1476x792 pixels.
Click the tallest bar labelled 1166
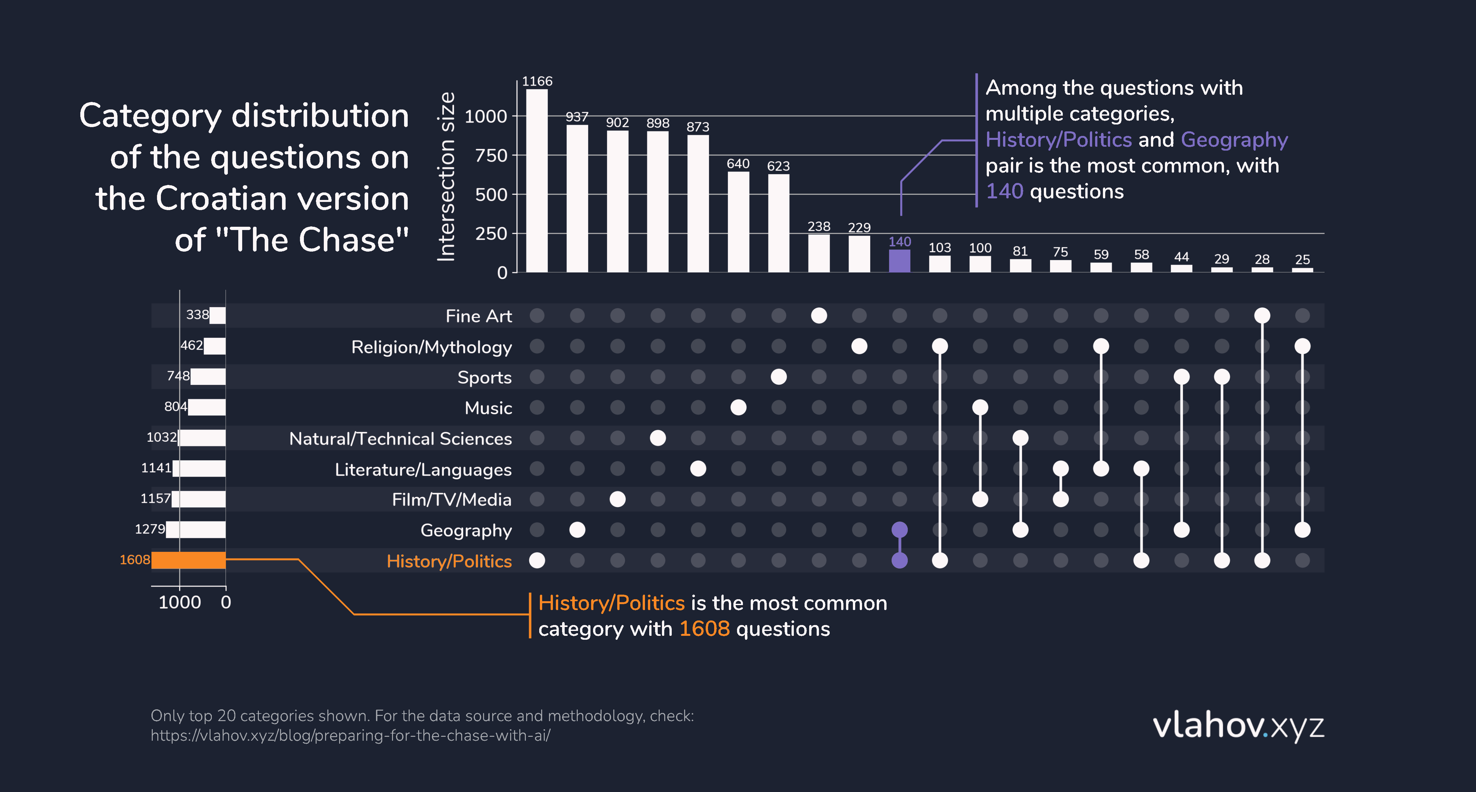537,181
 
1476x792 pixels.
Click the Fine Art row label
479,316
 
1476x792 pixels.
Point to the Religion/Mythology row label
432,347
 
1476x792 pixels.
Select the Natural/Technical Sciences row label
400,439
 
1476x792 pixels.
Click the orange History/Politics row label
449,561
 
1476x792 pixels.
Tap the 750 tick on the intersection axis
491,156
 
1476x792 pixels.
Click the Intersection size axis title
446,177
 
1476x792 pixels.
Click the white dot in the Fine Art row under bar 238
819,315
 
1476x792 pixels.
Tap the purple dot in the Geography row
900,530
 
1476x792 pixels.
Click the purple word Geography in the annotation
1234,140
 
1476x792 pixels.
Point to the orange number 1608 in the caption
704,629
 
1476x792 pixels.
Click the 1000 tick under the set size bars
180,602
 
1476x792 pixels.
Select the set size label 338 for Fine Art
197,315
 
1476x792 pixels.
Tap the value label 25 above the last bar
1302,259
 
